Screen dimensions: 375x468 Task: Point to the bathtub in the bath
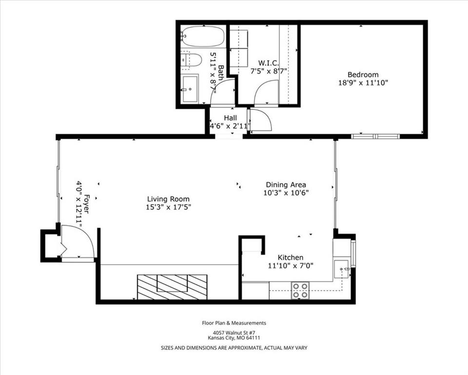[203, 36]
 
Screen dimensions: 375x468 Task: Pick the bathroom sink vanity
[190, 88]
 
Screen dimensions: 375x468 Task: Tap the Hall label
[230, 118]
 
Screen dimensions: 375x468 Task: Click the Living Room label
[168, 199]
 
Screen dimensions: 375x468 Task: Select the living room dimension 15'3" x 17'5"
[168, 207]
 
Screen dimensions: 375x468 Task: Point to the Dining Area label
[286, 185]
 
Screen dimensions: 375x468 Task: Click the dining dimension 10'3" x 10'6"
[286, 192]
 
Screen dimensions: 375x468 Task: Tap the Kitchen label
[291, 258]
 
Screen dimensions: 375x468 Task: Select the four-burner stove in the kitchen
[300, 291]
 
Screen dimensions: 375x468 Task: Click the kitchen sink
[342, 269]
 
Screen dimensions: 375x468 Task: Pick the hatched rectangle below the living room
[172, 287]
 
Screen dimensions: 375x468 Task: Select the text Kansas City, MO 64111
[234, 338]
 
